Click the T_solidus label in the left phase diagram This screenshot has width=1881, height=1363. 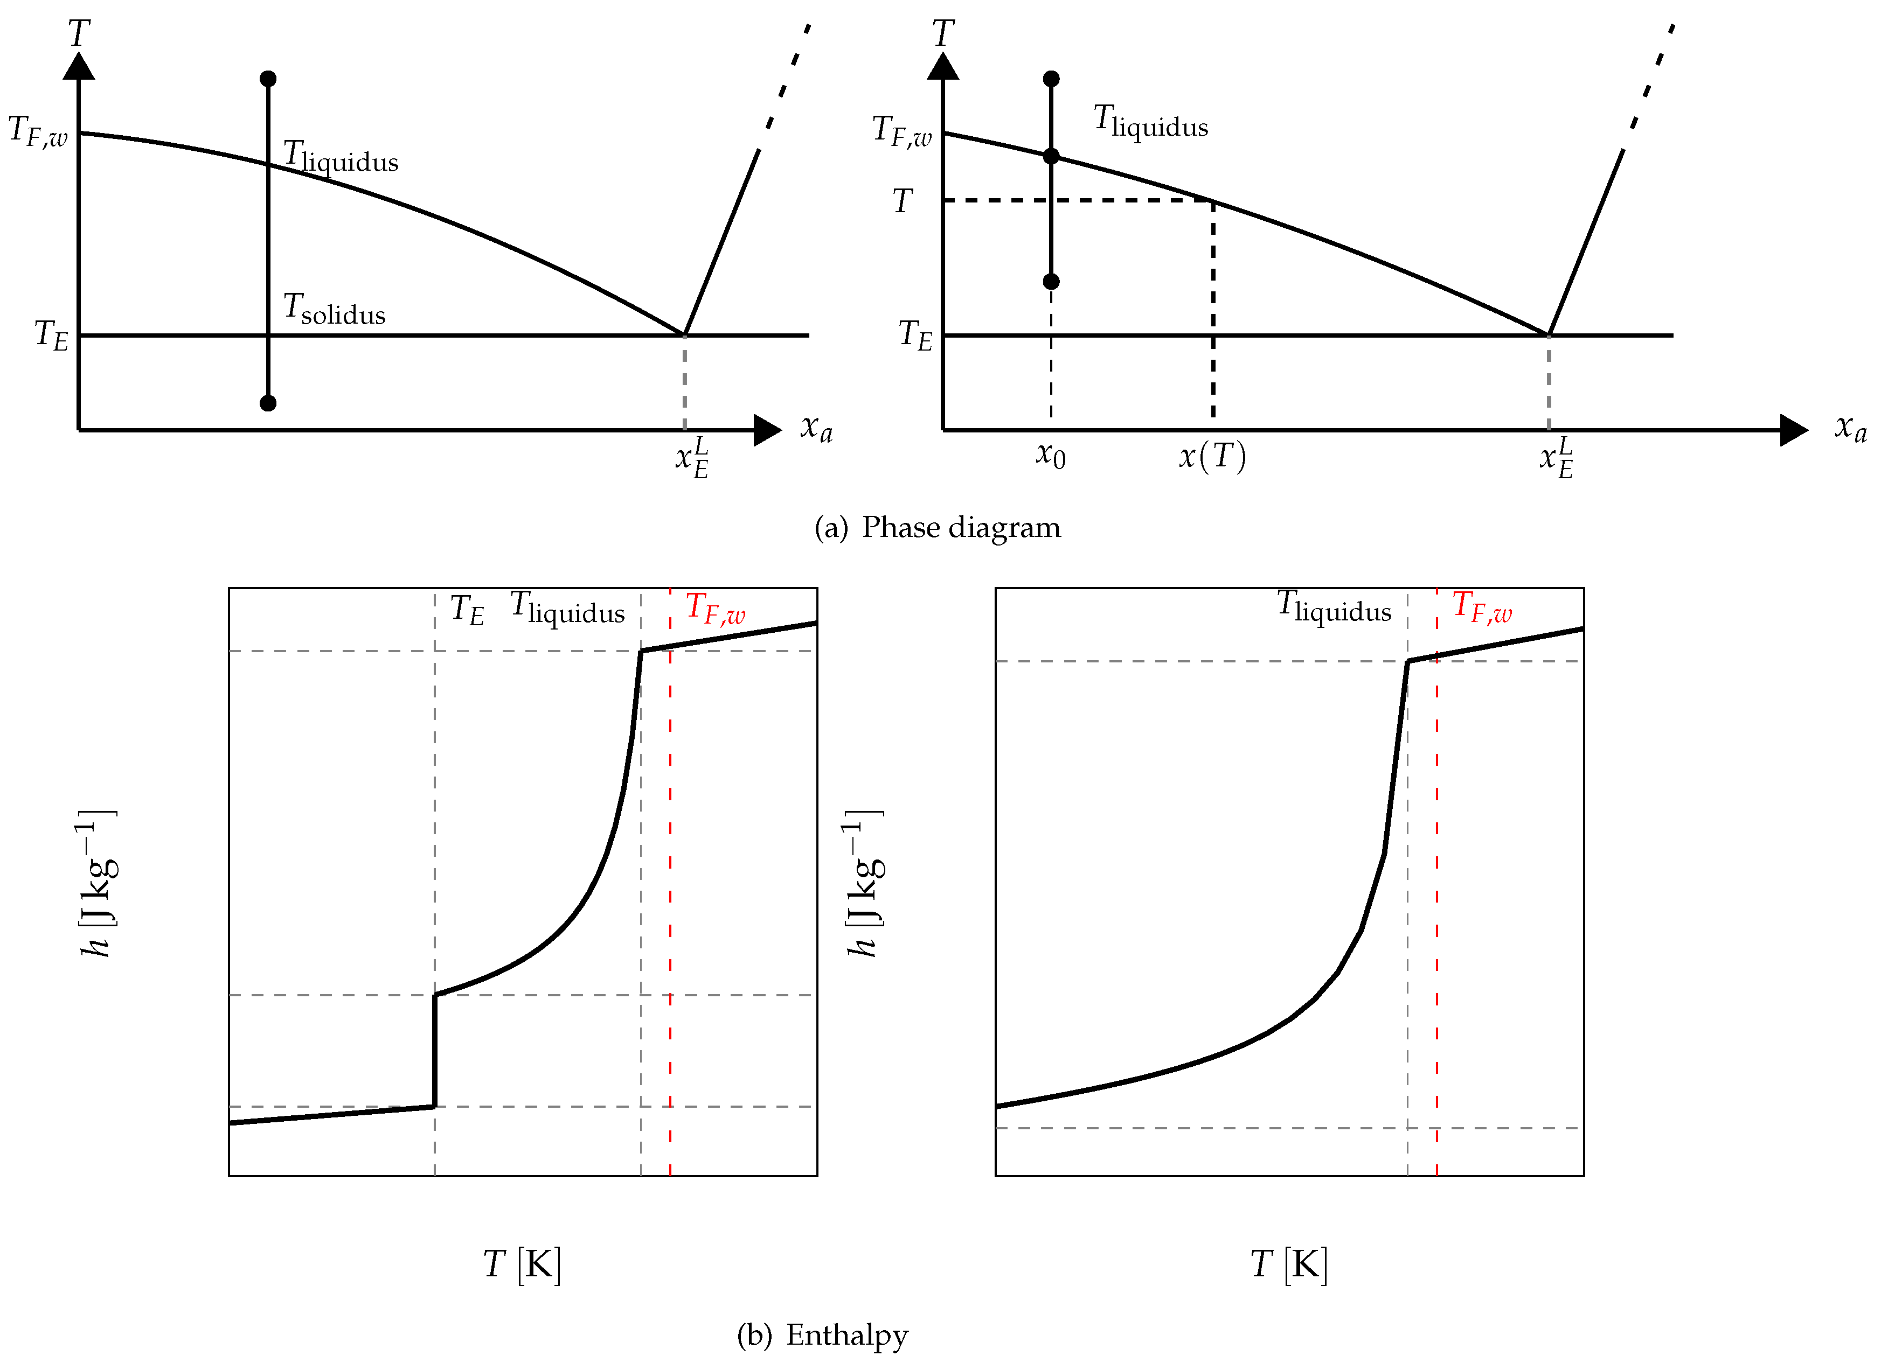click(334, 309)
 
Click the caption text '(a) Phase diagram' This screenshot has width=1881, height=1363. click(937, 527)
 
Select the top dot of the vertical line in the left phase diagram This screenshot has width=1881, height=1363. click(268, 79)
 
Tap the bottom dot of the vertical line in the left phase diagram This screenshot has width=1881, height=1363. click(268, 403)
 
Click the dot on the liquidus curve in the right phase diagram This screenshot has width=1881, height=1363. click(1051, 156)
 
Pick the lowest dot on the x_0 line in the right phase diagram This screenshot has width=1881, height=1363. click(1051, 282)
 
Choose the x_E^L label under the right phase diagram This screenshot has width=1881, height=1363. click(1556, 458)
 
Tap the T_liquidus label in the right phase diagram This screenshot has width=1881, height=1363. click(1150, 121)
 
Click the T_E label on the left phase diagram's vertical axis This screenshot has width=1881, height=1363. click(51, 335)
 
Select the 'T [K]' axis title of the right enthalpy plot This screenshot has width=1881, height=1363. click(1289, 1264)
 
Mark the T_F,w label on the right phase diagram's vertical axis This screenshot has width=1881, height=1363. click(901, 131)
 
